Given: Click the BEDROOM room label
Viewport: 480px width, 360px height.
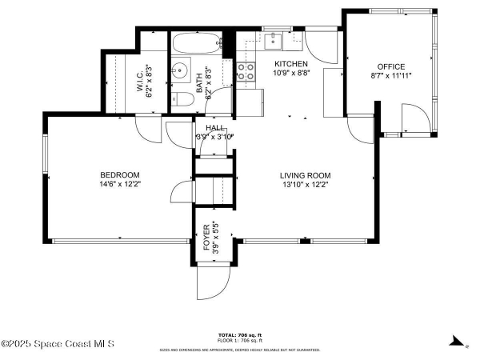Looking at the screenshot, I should pyautogui.click(x=119, y=175).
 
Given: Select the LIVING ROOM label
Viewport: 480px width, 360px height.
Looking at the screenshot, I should pyautogui.click(x=305, y=175).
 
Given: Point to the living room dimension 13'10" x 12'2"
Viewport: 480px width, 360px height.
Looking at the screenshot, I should pyautogui.click(x=305, y=185).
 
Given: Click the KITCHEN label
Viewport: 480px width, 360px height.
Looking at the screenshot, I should pyautogui.click(x=290, y=64).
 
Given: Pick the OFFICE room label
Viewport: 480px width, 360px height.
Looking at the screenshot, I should pyautogui.click(x=391, y=66).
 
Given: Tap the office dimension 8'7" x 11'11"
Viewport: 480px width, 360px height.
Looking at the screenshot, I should pyautogui.click(x=391, y=75).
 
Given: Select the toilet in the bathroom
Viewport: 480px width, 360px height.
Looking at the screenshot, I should pyautogui.click(x=182, y=99).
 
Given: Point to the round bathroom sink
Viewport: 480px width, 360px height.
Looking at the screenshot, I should pyautogui.click(x=180, y=68).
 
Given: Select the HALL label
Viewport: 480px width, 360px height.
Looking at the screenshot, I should pyautogui.click(x=214, y=128).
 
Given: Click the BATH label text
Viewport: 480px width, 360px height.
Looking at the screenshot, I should pyautogui.click(x=199, y=80).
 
